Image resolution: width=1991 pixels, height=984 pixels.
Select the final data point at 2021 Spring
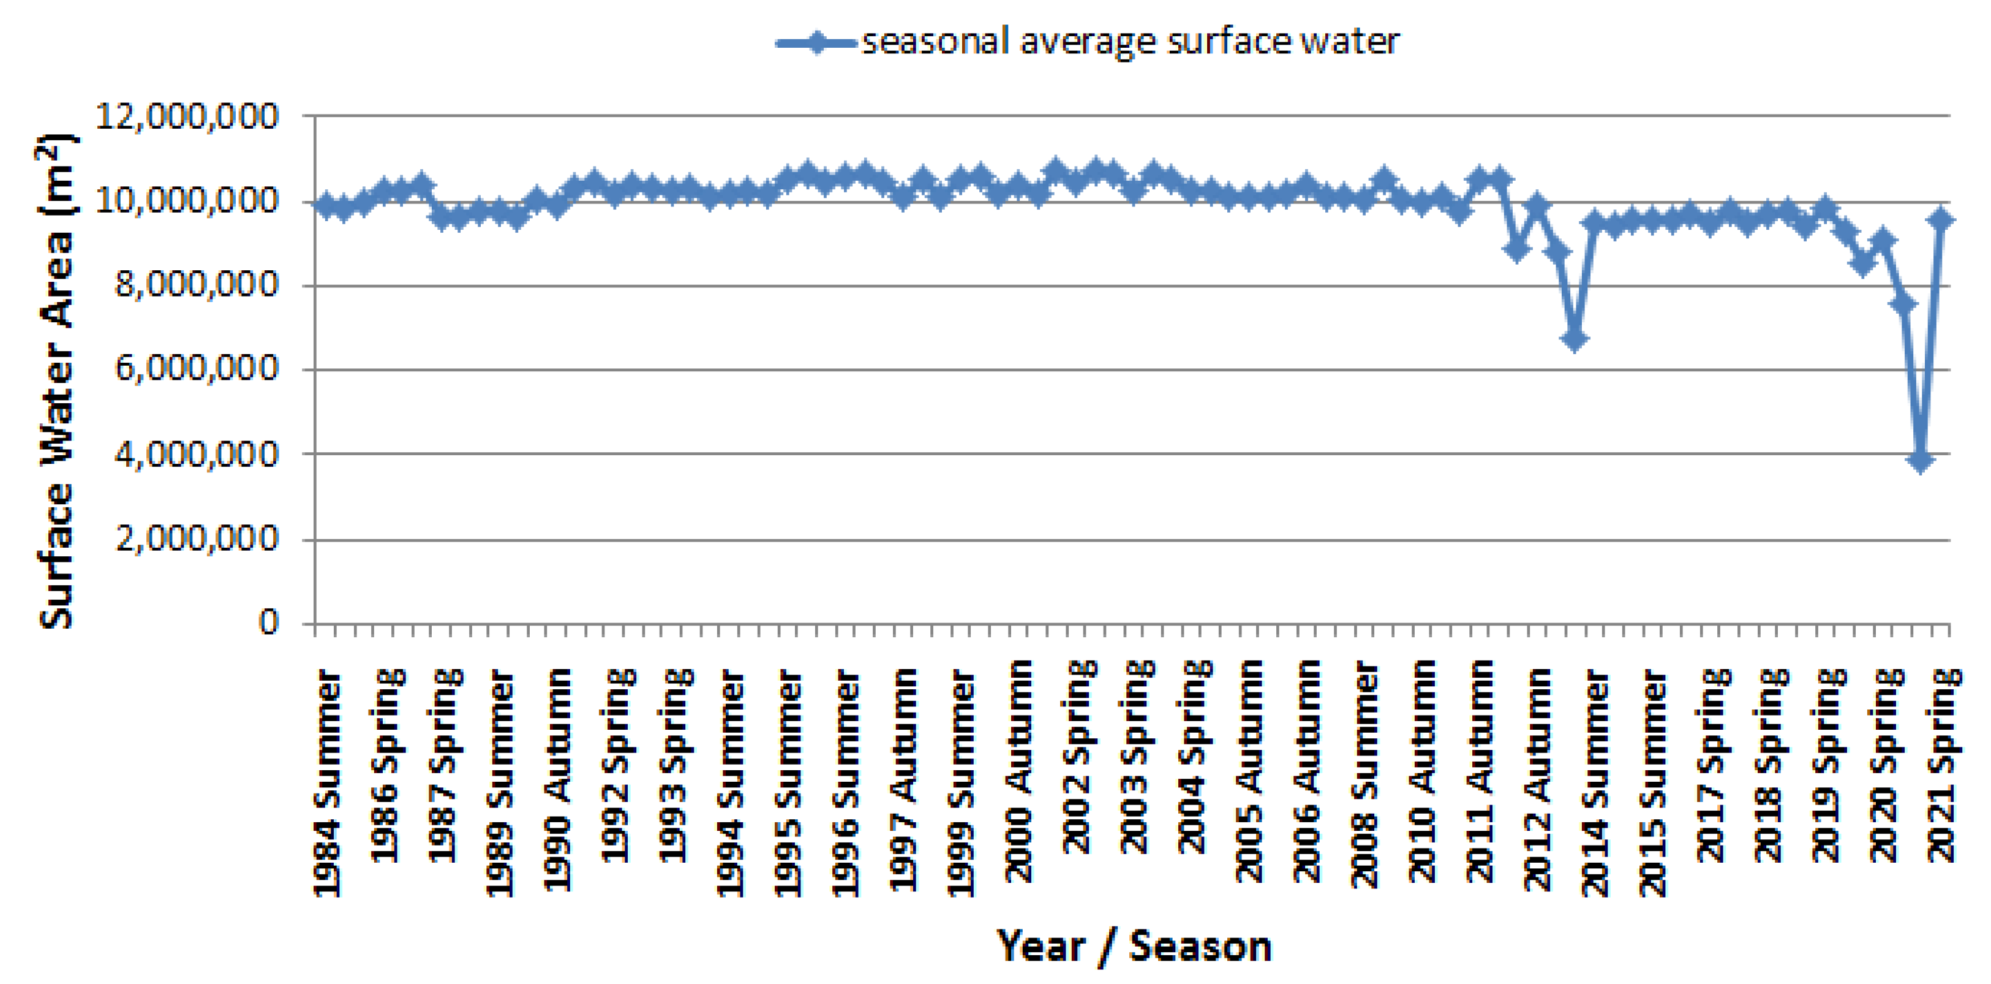coord(1940,221)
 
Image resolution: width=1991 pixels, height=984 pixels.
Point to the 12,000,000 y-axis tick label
coord(186,116)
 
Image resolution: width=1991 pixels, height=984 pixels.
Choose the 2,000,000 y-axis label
coord(195,538)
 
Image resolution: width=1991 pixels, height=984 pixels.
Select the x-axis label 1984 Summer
coord(327,782)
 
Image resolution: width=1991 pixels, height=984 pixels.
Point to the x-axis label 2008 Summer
coord(1365,773)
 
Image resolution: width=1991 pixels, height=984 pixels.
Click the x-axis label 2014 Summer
coord(1595,782)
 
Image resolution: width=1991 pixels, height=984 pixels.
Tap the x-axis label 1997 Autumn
coord(903,779)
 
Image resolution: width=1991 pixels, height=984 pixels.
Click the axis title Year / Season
coord(1133,946)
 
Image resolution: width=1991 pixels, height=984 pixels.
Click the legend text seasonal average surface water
coord(1129,42)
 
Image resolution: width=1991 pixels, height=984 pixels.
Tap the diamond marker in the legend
coord(815,42)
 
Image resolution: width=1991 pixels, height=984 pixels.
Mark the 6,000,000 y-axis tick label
coord(195,369)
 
